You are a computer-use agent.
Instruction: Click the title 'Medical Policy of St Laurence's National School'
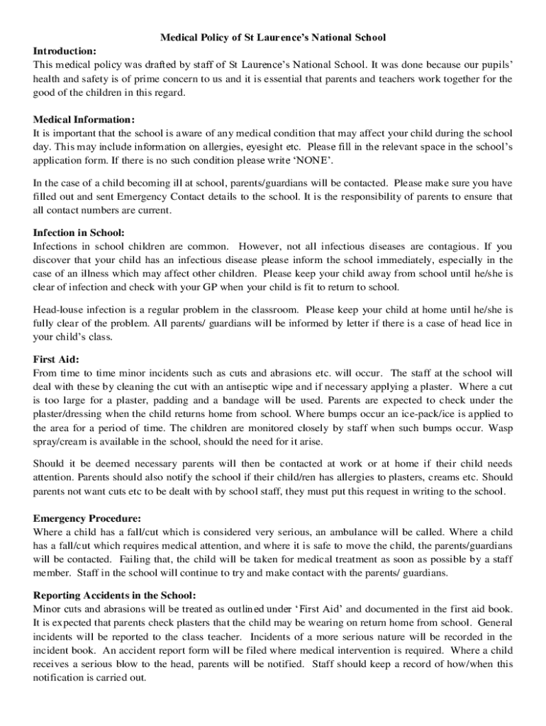pos(273,36)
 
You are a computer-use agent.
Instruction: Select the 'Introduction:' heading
pos(65,50)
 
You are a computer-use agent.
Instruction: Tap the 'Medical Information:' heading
pos(84,119)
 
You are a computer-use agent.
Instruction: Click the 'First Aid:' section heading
pos(56,359)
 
